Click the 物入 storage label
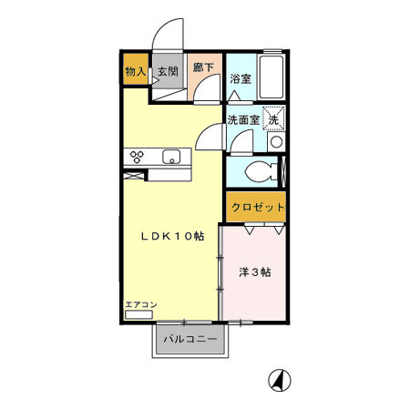[134, 71]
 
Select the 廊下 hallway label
[203, 67]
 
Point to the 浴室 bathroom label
[241, 79]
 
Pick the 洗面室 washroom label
[243, 118]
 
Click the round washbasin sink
[276, 143]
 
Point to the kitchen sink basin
[171, 157]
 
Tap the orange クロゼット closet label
[257, 208]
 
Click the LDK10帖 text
[171, 236]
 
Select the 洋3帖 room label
[255, 272]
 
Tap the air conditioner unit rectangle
[140, 314]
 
